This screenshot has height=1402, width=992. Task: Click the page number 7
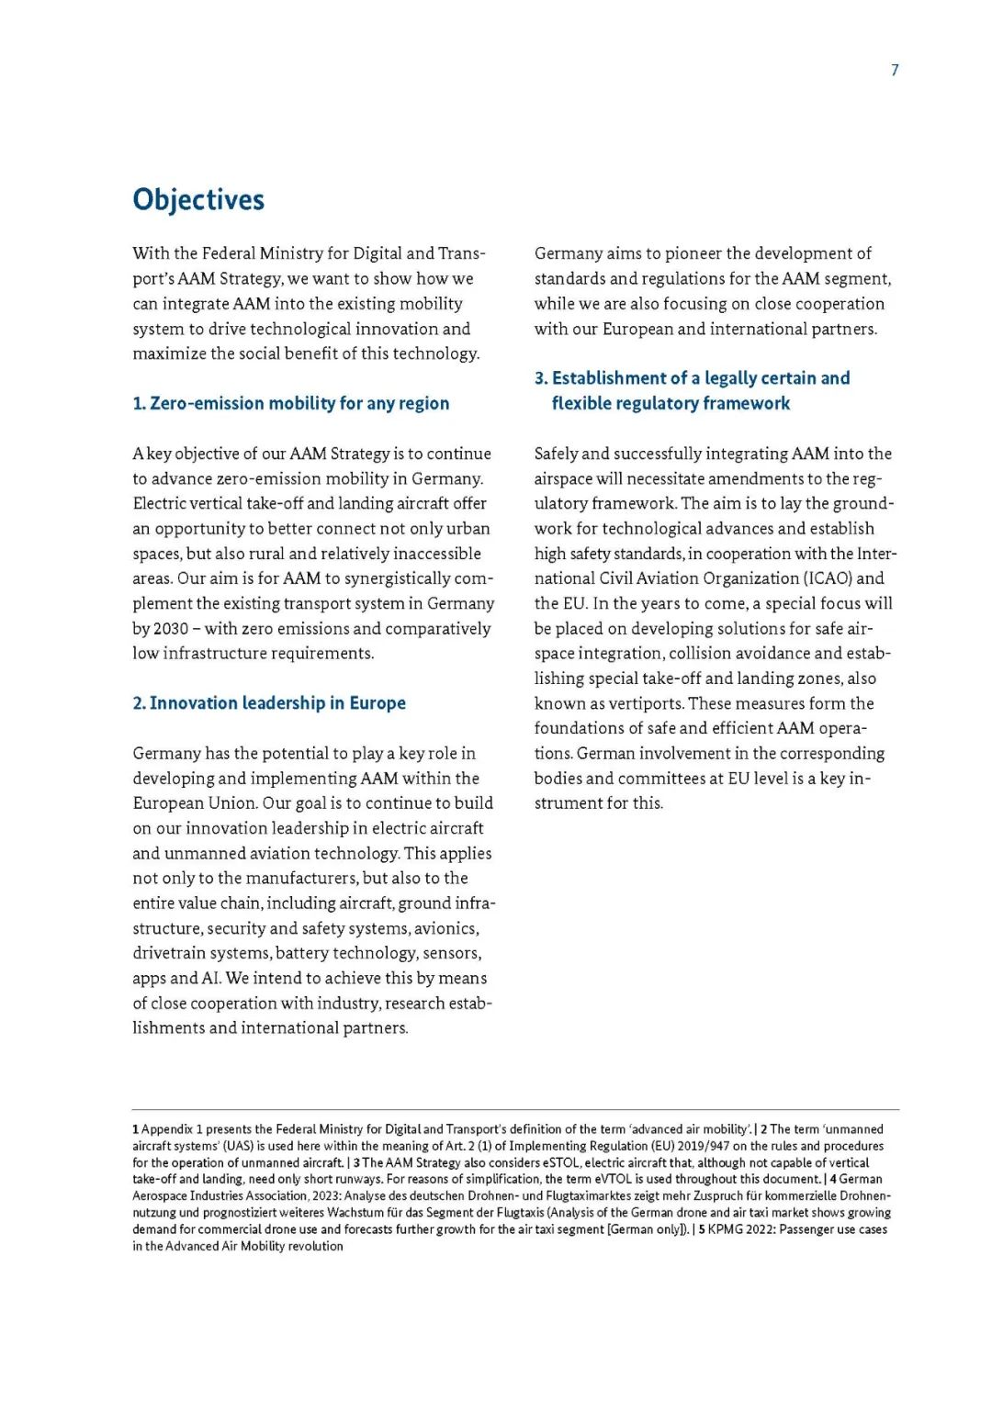tap(895, 70)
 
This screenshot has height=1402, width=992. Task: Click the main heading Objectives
tap(198, 199)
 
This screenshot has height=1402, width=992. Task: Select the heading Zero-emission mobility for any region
tap(291, 403)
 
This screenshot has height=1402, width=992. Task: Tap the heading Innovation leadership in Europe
tap(269, 703)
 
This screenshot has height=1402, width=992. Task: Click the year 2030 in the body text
tap(171, 629)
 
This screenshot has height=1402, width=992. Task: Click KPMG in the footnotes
tap(724, 1229)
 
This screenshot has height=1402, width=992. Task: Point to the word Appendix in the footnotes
tap(167, 1129)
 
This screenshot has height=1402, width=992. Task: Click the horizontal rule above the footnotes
tap(514, 1110)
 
